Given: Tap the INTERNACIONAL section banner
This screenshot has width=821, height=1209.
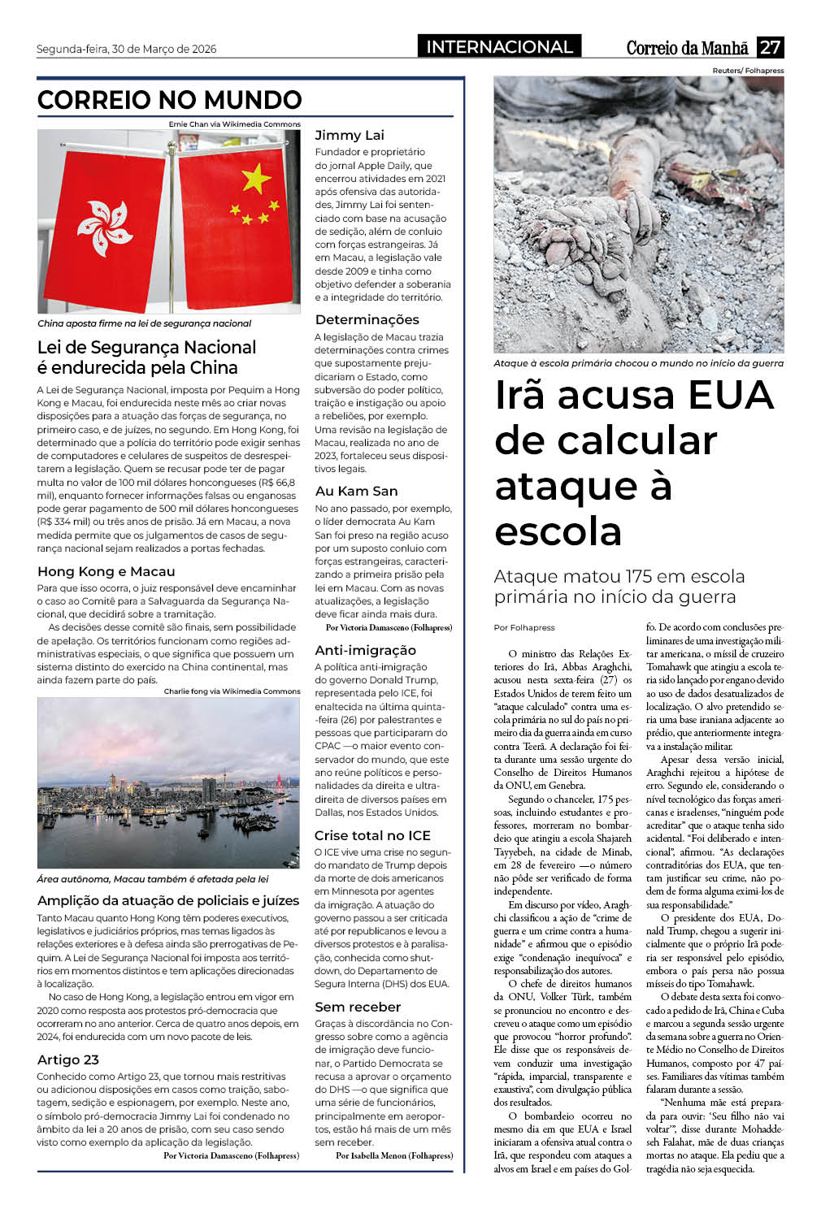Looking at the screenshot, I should (x=499, y=47).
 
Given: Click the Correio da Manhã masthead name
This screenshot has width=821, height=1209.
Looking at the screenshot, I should (x=688, y=48).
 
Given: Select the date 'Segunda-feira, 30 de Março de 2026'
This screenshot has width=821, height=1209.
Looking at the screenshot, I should (x=127, y=49).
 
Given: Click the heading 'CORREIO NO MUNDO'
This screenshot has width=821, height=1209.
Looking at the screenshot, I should (x=170, y=100).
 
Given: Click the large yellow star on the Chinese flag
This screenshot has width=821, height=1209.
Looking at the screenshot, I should (x=256, y=177).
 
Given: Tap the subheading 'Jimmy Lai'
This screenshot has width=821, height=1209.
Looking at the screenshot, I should (x=350, y=135).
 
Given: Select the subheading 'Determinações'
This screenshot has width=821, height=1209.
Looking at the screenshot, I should (x=367, y=319).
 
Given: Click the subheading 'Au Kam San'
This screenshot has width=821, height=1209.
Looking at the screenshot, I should (x=356, y=491).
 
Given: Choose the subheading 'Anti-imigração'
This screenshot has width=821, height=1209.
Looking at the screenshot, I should (x=365, y=650).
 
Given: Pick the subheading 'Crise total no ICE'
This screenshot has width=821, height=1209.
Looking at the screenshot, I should (x=372, y=835).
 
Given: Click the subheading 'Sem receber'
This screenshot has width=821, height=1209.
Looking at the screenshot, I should (x=358, y=1007).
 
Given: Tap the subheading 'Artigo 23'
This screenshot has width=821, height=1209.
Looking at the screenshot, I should (x=68, y=1059).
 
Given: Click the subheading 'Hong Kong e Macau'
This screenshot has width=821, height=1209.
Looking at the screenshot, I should (x=106, y=571).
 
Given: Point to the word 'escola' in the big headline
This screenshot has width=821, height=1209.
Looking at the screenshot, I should (x=558, y=531).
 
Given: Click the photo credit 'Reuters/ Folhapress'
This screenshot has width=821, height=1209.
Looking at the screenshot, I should (x=748, y=71).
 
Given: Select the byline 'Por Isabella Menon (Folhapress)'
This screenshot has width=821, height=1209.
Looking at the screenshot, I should (x=394, y=1155).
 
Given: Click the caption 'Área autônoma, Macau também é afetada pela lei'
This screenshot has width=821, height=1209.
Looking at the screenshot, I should (x=153, y=879).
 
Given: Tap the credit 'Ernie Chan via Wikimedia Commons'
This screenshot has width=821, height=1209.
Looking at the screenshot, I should (x=234, y=124).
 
